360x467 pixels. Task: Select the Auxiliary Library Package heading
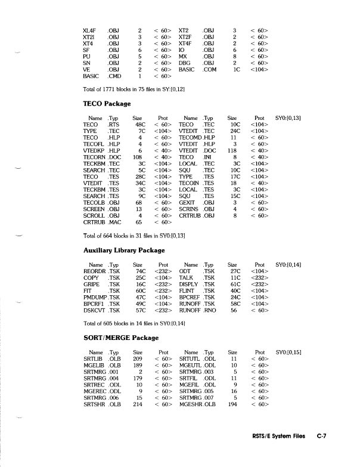click(x=124, y=250)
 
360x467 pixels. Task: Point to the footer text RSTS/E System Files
click(x=278, y=436)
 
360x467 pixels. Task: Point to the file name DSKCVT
click(x=94, y=311)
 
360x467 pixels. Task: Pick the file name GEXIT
click(x=187, y=203)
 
